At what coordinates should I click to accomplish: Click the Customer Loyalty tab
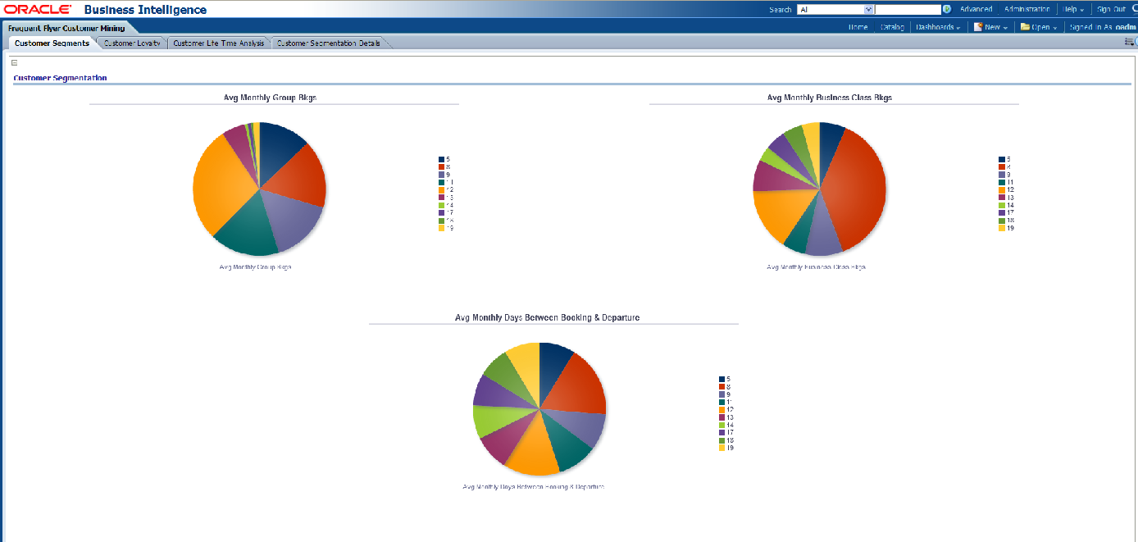[x=134, y=43]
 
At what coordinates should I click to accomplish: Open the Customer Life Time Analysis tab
[x=219, y=43]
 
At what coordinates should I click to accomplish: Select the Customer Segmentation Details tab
[x=328, y=43]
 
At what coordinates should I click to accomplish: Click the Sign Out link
[x=1111, y=9]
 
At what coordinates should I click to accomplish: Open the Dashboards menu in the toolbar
[x=938, y=27]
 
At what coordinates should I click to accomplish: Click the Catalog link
[x=892, y=27]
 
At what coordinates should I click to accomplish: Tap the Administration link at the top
[x=1026, y=9]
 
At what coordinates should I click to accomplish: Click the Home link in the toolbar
[x=858, y=27]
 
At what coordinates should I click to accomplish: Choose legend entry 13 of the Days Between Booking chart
[x=726, y=417]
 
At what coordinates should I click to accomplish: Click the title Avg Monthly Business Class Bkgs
[x=829, y=97]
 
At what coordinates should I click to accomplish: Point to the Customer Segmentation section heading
[x=60, y=78]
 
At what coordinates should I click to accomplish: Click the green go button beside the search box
[x=947, y=10]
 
